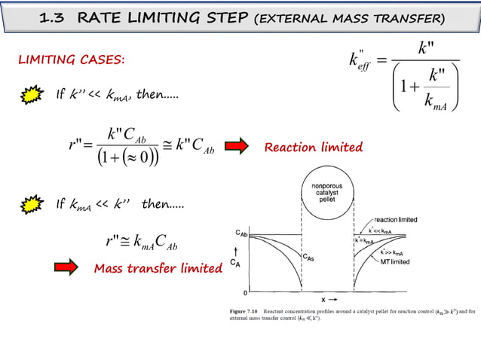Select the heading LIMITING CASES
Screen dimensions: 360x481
pos(72,59)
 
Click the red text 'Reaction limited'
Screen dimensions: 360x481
pos(313,147)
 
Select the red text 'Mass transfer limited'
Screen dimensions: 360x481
pos(158,268)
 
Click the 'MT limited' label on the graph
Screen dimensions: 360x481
pos(395,262)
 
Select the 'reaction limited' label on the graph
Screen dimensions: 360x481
pos(396,219)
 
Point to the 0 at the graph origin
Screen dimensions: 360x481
pos(243,291)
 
